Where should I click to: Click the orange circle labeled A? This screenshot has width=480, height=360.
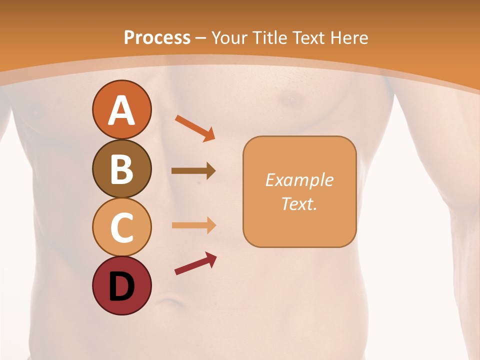(x=121, y=110)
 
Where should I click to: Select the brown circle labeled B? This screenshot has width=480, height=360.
(x=121, y=168)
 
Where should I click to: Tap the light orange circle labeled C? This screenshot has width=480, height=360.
(x=121, y=227)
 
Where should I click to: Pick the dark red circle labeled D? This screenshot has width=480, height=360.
(x=121, y=285)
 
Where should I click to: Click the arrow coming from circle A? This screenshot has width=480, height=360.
(x=194, y=127)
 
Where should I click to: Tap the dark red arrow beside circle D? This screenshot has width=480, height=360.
(x=195, y=263)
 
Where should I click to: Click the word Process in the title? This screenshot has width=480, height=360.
(x=157, y=37)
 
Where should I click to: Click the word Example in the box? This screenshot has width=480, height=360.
(x=299, y=180)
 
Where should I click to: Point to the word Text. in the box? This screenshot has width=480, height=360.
(x=299, y=203)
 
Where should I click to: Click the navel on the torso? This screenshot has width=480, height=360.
(x=171, y=302)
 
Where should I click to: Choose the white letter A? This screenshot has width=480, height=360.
(x=121, y=110)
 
